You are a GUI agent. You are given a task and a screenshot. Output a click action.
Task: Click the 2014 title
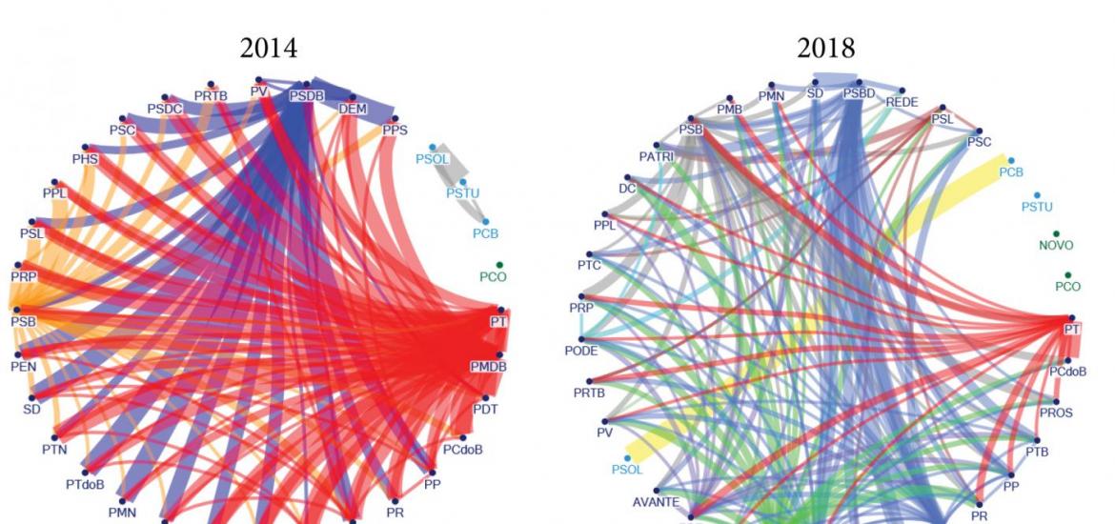click(x=269, y=49)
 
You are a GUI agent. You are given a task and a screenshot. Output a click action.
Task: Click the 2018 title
click(x=827, y=49)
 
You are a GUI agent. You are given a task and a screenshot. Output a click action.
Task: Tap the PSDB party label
click(x=307, y=96)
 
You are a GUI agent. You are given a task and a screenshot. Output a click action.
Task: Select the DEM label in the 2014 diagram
click(x=353, y=110)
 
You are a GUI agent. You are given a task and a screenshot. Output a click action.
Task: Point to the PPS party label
click(x=395, y=130)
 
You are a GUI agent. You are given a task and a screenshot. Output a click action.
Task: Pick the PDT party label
click(x=486, y=409)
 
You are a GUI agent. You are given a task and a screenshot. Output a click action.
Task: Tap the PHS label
click(x=85, y=159)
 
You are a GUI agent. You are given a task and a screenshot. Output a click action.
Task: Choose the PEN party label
click(x=23, y=365)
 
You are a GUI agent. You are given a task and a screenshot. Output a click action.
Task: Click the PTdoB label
click(x=85, y=484)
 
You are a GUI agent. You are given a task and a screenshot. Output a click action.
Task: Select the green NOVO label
click(x=1056, y=245)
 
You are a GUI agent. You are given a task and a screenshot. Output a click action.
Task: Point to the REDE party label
click(x=902, y=101)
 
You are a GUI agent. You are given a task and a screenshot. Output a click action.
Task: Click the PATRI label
click(x=657, y=156)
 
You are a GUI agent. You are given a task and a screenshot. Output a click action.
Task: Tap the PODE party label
click(x=581, y=350)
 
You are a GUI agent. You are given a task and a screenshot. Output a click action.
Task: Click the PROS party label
click(x=1056, y=413)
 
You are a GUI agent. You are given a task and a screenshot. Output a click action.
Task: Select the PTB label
click(x=1036, y=452)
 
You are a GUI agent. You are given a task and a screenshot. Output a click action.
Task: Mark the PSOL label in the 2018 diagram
click(x=627, y=469)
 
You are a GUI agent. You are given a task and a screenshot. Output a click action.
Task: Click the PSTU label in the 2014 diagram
click(x=462, y=193)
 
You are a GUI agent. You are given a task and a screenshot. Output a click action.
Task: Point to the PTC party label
click(x=589, y=265)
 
